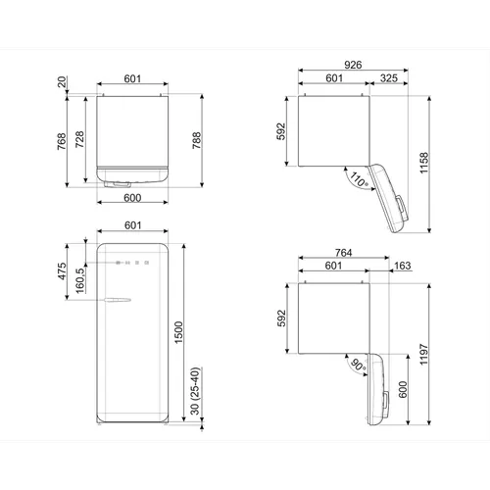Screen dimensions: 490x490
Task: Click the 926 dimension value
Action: pyautogui.click(x=353, y=65)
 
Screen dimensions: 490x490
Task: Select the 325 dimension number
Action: pyautogui.click(x=389, y=78)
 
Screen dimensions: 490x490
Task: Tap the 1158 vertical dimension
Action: pyautogui.click(x=423, y=163)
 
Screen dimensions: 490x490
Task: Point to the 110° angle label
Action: pyautogui.click(x=359, y=180)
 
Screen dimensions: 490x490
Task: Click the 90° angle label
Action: pyautogui.click(x=358, y=365)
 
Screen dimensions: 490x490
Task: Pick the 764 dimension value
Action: pyautogui.click(x=343, y=253)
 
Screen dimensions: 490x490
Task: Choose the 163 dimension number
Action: pyautogui.click(x=402, y=266)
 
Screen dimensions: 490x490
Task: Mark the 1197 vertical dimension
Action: pyautogui.click(x=423, y=354)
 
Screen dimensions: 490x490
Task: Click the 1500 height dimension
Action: pyautogui.click(x=178, y=332)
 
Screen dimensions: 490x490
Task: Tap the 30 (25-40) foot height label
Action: pyautogui.click(x=195, y=391)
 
